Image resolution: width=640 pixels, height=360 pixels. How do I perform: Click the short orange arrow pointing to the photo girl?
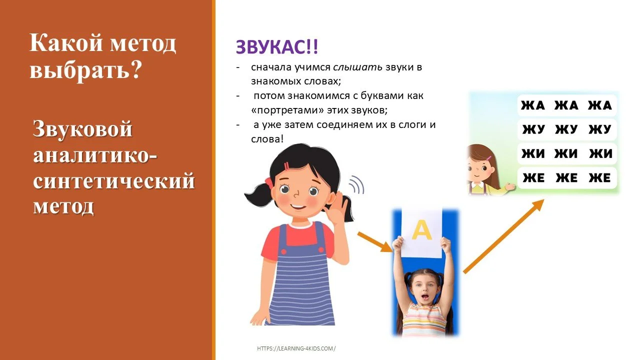pyautogui.click(x=375, y=242)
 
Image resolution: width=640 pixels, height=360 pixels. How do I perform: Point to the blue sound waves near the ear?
pyautogui.click(x=356, y=184)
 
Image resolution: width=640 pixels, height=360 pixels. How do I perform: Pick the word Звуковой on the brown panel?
pyautogui.click(x=83, y=129)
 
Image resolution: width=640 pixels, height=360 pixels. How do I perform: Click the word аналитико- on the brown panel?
pyautogui.click(x=95, y=155)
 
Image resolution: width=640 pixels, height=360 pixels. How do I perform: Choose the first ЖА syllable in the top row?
pyautogui.click(x=533, y=105)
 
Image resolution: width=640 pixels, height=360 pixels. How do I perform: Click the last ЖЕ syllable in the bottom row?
pyautogui.click(x=600, y=177)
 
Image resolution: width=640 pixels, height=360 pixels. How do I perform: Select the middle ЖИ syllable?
pyautogui.click(x=566, y=154)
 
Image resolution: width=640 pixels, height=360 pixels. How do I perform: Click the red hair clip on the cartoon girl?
pyautogui.click(x=287, y=166)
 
